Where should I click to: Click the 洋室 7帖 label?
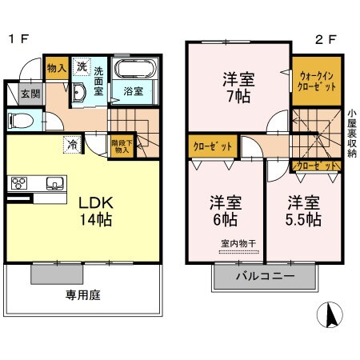tap(238, 88)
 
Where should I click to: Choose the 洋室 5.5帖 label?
tap(304, 209)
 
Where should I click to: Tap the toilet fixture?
tap(20, 122)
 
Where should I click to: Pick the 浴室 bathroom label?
tap(132, 92)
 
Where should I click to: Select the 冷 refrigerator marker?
tap(72, 146)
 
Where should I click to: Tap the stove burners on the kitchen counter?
tap(18, 182)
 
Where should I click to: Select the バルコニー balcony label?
tap(264, 276)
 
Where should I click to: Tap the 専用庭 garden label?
tap(82, 294)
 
